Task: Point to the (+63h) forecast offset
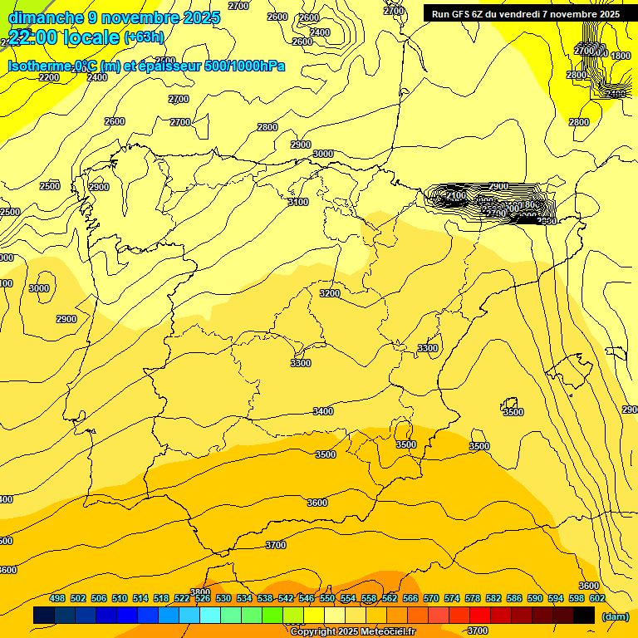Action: coord(144,37)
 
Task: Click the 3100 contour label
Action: coord(297,202)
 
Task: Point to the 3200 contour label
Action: coord(330,293)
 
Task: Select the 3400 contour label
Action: coord(323,411)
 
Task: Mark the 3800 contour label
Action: coord(199,592)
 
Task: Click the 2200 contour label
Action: coord(49,77)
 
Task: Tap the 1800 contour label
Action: coord(621,56)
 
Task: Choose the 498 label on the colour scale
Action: coord(57,598)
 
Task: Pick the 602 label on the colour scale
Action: coord(597,598)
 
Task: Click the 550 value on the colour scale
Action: coord(327,598)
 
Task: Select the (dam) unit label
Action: coord(615,616)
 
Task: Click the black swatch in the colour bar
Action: coord(584,616)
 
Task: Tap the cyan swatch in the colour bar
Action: coord(210,616)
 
